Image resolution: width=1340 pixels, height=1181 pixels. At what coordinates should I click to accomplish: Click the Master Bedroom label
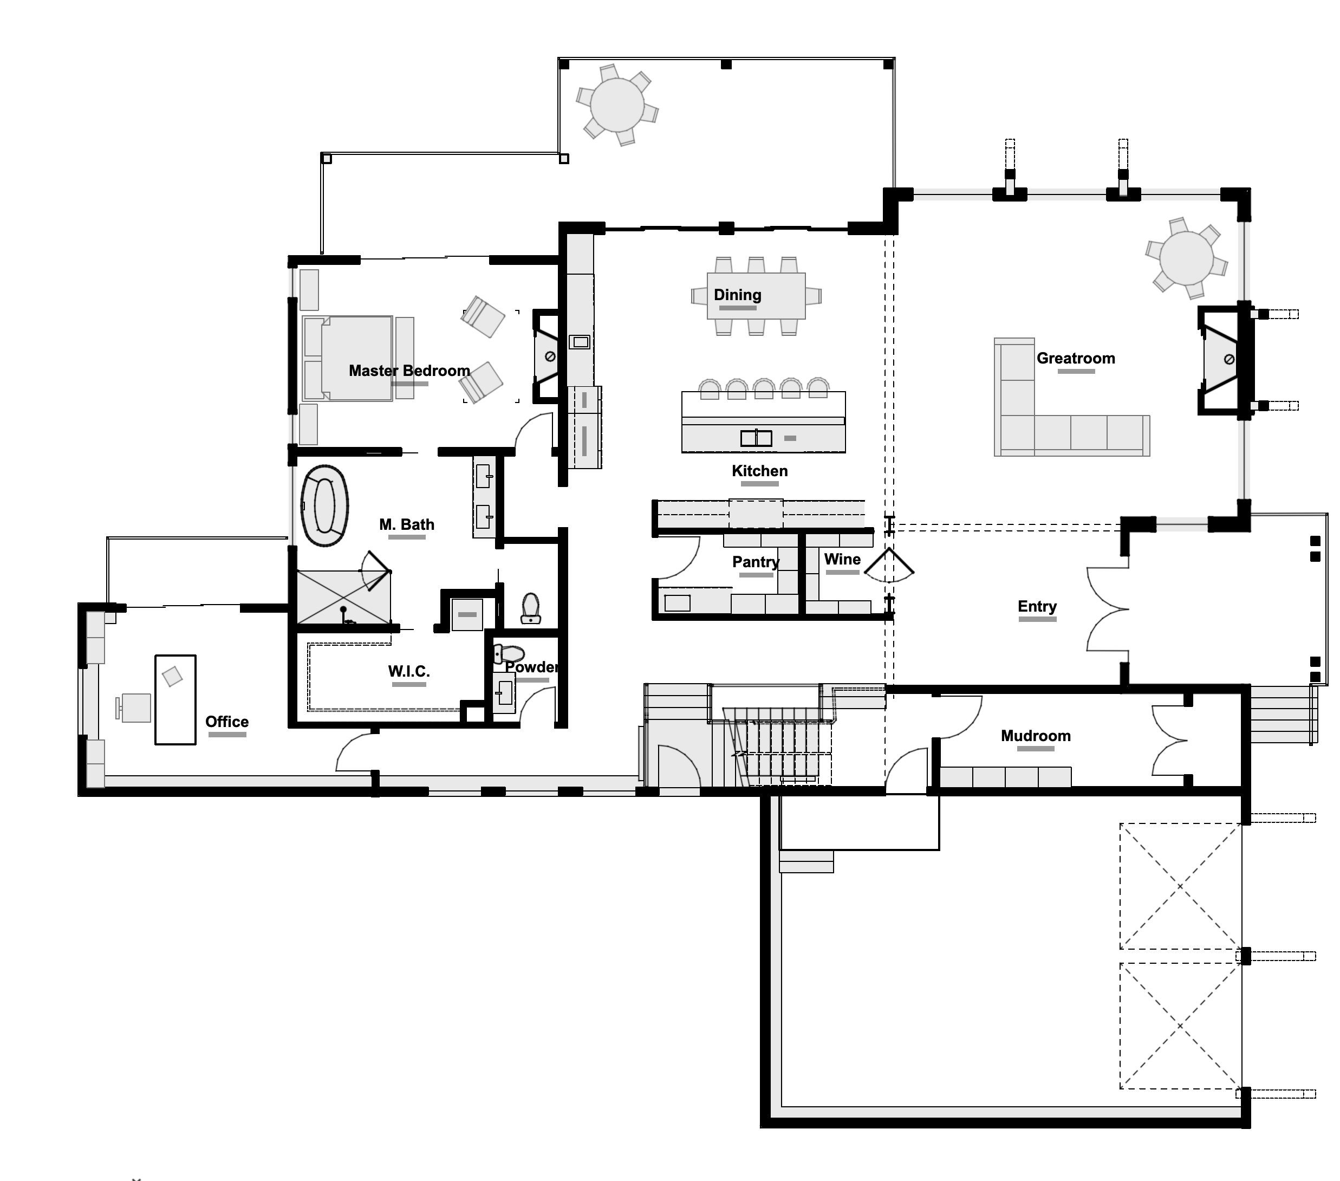(x=409, y=371)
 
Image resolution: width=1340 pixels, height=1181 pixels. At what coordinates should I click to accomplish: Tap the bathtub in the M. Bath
(x=324, y=505)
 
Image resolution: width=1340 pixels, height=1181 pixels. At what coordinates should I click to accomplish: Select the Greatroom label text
(x=1075, y=358)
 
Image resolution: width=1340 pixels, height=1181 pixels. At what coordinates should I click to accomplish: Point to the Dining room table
(x=756, y=296)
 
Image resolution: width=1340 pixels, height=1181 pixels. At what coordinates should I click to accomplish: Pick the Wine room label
(x=842, y=560)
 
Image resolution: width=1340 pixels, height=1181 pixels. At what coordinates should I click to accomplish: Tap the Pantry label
(x=756, y=562)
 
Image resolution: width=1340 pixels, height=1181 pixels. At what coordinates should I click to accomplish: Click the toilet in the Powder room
(x=509, y=654)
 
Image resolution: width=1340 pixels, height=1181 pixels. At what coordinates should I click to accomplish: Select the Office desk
(x=175, y=700)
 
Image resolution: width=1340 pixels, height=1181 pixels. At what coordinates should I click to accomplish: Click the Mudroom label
(x=1035, y=736)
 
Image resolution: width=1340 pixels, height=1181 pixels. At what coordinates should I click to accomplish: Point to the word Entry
(x=1037, y=607)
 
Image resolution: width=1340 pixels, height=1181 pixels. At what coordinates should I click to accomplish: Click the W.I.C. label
(x=408, y=671)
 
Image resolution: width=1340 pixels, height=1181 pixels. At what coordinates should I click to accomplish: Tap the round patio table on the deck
(x=617, y=105)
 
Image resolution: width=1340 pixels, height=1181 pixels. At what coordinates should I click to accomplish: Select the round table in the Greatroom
(x=1186, y=258)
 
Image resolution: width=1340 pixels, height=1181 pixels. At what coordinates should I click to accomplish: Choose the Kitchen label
(x=759, y=471)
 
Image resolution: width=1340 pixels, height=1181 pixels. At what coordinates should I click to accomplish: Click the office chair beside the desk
(x=134, y=708)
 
